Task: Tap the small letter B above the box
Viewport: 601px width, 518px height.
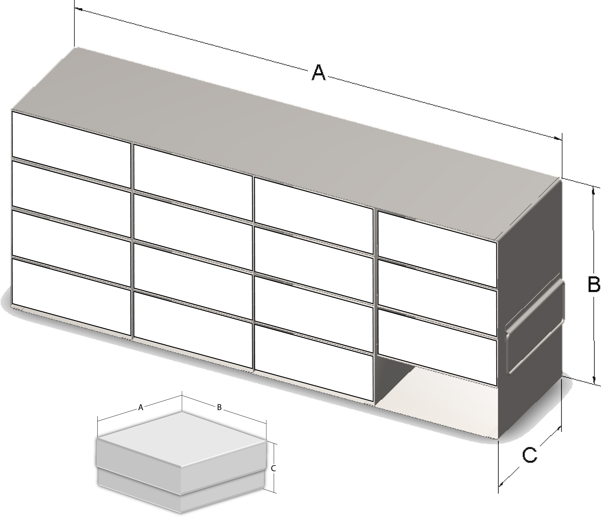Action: tap(219, 407)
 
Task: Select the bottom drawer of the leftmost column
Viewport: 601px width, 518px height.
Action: tap(71, 297)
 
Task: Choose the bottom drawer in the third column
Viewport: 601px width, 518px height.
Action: tap(313, 363)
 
